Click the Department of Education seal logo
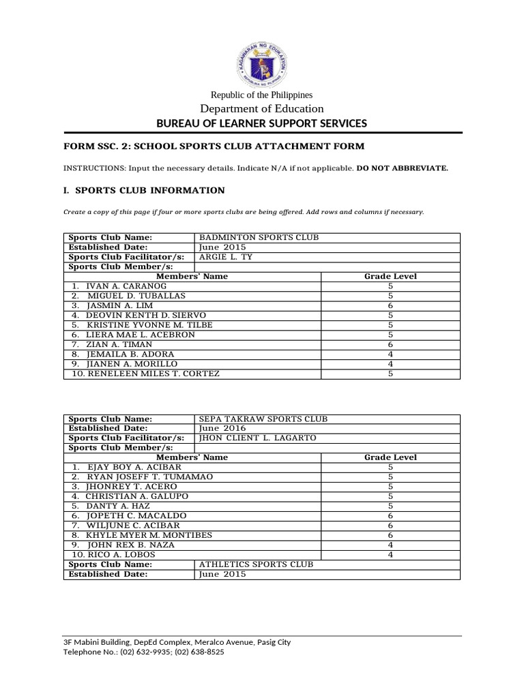(261, 63)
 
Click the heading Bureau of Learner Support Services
(261, 123)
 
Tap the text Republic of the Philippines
(261, 95)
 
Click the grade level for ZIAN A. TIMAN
(390, 345)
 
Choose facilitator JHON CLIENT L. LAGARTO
(257, 438)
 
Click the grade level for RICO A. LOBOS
(390, 555)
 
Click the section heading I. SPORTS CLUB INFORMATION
(144, 190)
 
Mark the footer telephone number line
(143, 652)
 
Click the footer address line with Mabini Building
(177, 642)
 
